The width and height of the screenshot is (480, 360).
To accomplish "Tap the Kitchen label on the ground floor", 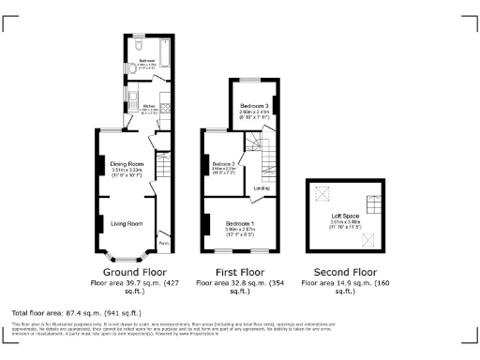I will pyautogui.click(x=148, y=106).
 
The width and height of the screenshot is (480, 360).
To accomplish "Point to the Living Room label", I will pyautogui.click(x=127, y=224).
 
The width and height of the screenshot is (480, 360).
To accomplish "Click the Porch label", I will pyautogui.click(x=163, y=245).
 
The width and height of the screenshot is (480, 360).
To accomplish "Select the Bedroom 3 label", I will pyautogui.click(x=254, y=106).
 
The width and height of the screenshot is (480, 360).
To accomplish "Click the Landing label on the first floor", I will pyautogui.click(x=262, y=188).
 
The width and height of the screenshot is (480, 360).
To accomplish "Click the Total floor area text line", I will pyautogui.click(x=76, y=311).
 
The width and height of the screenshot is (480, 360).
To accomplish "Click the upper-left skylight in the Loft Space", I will pyautogui.click(x=325, y=194).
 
